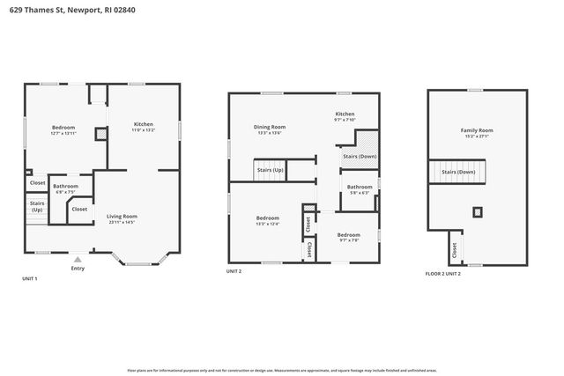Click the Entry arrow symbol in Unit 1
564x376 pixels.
click(x=78, y=259)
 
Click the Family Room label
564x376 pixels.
click(x=476, y=130)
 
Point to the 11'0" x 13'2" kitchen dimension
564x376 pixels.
click(x=144, y=130)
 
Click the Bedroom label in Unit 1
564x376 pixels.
click(x=63, y=127)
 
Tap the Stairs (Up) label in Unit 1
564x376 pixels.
click(x=37, y=207)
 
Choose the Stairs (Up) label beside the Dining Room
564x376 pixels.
click(x=271, y=169)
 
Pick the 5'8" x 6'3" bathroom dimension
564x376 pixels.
click(x=360, y=193)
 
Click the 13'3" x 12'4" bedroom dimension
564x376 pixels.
click(x=267, y=224)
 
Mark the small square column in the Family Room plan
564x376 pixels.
click(x=477, y=211)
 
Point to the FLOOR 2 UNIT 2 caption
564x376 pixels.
click(x=443, y=273)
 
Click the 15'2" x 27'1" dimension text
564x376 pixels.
click(x=476, y=136)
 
